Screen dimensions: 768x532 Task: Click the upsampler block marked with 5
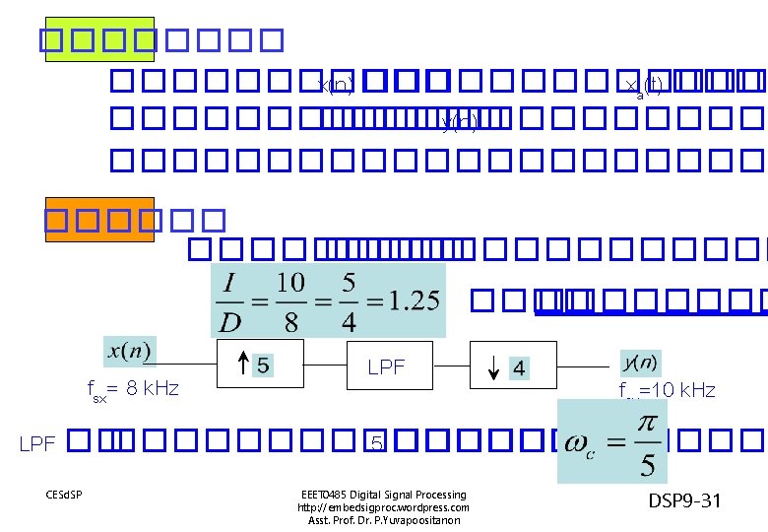coord(259,366)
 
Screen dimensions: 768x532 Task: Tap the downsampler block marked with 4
coord(513,366)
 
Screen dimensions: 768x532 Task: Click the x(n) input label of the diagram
coord(130,350)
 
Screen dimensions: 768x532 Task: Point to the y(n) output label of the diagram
coord(640,362)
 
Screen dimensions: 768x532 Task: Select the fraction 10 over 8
coord(290,300)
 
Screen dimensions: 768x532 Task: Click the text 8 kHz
coord(147,388)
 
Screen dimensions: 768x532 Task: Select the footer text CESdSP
coord(64,494)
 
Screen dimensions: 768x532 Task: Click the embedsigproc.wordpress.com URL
coord(383,507)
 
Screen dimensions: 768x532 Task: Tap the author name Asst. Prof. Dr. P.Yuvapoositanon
coord(383,520)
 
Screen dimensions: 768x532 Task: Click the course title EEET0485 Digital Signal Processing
coord(383,495)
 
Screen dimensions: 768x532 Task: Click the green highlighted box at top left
coord(100,38)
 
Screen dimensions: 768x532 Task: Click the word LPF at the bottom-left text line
coord(36,442)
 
